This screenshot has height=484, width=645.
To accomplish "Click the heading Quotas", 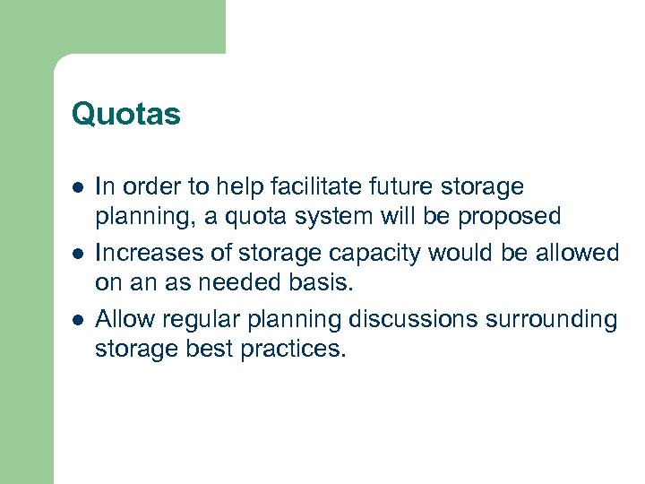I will pos(125,115).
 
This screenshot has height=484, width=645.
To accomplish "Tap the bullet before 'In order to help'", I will pos(78,187).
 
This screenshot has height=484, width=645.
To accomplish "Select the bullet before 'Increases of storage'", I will pos(78,254).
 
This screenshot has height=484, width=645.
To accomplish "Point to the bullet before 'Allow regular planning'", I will pos(78,319).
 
